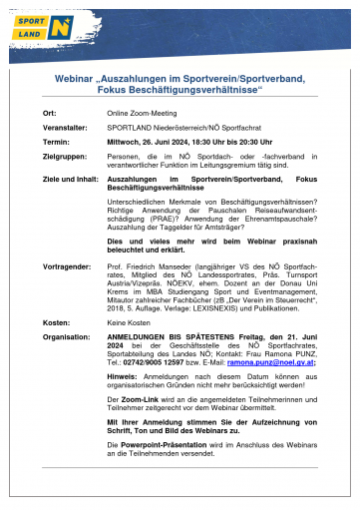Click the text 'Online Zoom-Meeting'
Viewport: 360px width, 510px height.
pos(142,115)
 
